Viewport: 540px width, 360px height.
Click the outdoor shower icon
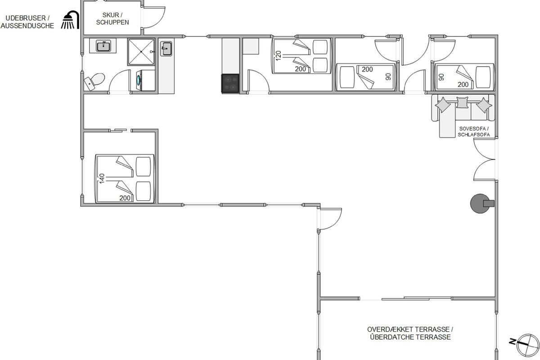point(70,20)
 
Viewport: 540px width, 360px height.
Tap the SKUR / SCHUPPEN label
point(112,18)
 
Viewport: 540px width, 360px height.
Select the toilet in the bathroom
point(94,81)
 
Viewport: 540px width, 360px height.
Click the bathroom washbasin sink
point(103,46)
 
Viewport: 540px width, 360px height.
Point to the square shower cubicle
point(141,52)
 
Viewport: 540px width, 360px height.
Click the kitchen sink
point(166,49)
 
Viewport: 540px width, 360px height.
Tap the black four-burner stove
point(230,83)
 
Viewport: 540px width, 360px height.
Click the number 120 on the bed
point(278,56)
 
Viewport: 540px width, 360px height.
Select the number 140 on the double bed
point(102,179)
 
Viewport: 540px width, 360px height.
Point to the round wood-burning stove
point(481,203)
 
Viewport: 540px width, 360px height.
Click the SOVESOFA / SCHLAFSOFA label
point(474,132)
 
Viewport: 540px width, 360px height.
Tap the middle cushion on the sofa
point(463,103)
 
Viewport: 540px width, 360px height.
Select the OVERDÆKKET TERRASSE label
point(410,329)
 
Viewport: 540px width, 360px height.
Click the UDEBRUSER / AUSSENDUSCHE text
point(27,22)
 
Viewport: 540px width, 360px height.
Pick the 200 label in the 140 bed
point(125,198)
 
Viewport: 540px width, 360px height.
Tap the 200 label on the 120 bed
point(301,69)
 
